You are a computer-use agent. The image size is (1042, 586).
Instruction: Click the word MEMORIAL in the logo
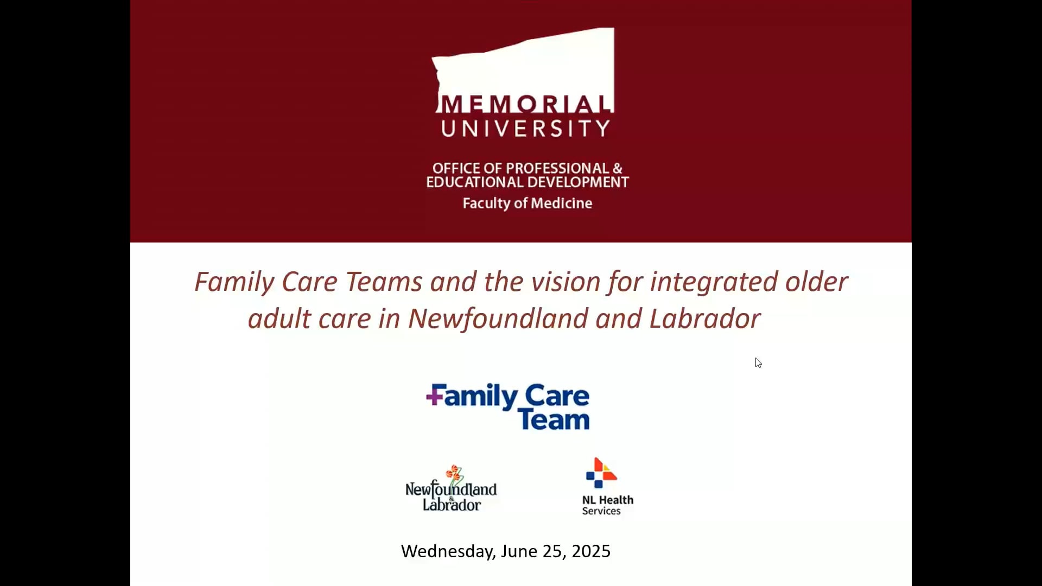tap(525, 104)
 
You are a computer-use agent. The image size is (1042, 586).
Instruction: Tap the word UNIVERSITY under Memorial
tap(525, 129)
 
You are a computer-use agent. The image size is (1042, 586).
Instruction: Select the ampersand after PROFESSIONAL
tap(618, 168)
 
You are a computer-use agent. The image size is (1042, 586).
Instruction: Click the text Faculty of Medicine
tap(528, 203)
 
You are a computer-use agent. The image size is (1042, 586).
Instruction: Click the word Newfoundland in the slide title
tap(498, 319)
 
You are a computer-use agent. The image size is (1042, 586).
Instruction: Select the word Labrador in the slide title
tap(705, 319)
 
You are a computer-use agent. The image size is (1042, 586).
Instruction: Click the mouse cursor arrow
tap(758, 362)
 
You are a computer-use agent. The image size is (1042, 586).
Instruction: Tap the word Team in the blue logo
tap(554, 419)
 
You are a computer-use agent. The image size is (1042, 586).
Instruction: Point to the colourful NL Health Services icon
tap(601, 473)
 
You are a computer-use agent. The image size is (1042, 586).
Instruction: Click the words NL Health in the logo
tap(608, 500)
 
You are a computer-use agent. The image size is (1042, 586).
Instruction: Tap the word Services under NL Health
tap(601, 511)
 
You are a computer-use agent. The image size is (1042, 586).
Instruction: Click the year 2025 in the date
tap(591, 551)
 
